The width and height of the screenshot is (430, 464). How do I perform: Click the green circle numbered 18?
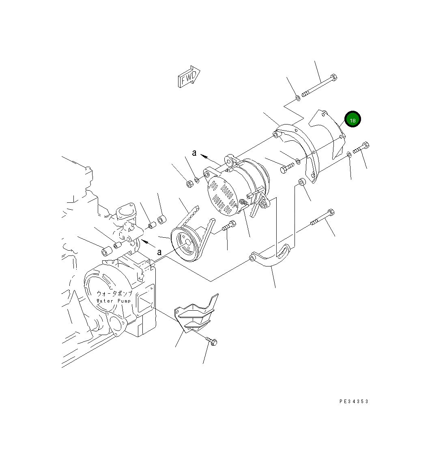pos(353,119)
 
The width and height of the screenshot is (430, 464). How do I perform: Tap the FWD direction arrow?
pos(189,77)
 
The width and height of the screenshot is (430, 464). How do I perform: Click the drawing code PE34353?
pos(354,401)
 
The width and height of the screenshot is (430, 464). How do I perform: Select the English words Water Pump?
pos(114,301)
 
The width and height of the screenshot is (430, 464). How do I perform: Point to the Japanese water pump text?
pos(114,294)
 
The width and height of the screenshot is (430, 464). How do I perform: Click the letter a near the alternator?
pos(194,153)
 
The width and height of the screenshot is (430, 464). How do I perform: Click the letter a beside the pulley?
pos(159,252)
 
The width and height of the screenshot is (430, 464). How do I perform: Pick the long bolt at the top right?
pos(319,86)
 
